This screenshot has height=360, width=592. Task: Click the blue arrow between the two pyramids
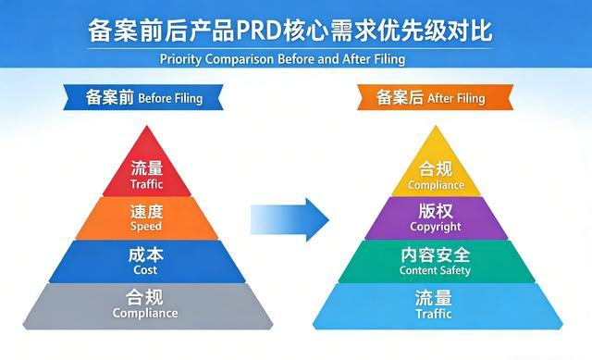tap(290, 218)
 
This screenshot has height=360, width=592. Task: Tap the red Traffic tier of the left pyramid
tap(146, 173)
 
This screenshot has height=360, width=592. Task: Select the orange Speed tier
tap(146, 218)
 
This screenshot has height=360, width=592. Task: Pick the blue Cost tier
tap(146, 261)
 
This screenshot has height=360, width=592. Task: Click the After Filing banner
tap(430, 97)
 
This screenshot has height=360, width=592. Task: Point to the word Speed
tap(146, 226)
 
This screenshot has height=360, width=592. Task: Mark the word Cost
tap(146, 269)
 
